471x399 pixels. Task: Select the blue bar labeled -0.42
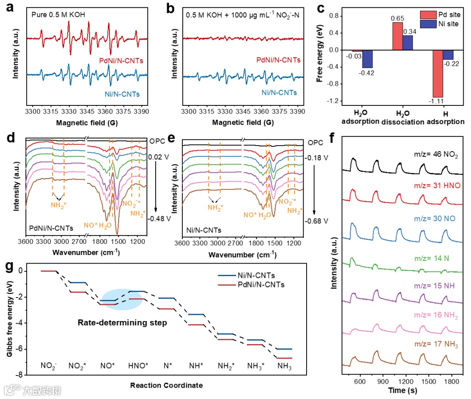[367, 59]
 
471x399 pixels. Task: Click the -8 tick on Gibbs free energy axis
[20, 375]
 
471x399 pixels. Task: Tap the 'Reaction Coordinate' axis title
[166, 385]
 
